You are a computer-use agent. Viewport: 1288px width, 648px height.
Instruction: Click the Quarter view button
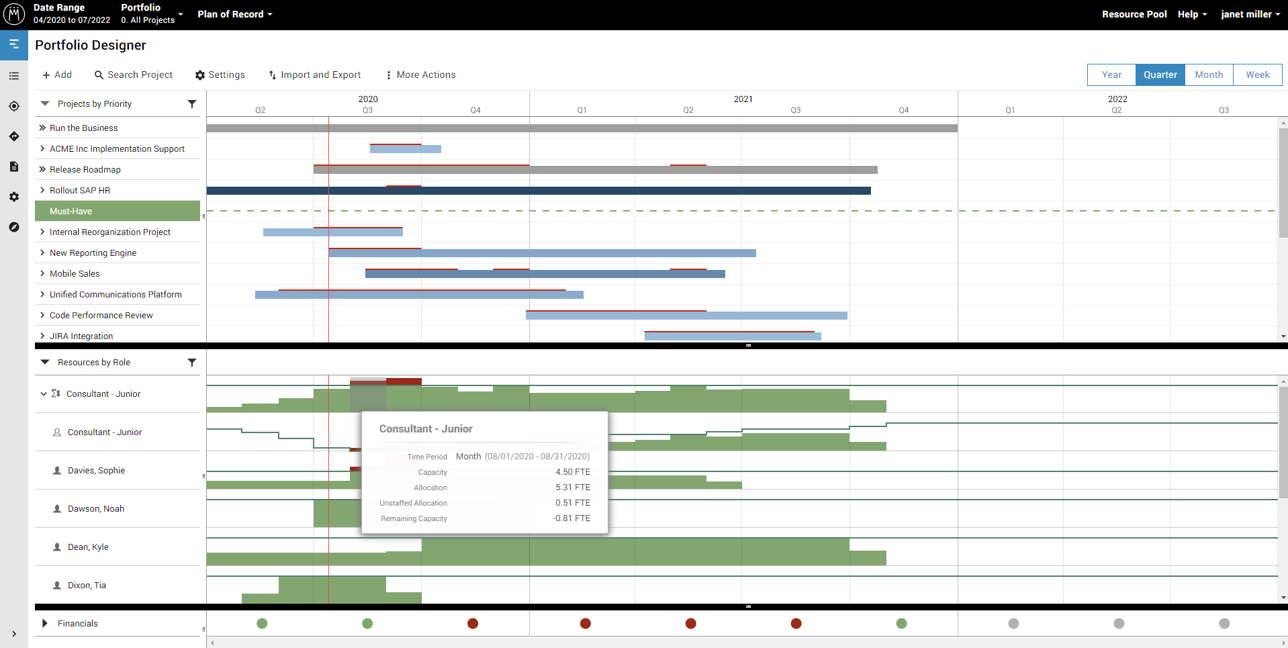[x=1160, y=75]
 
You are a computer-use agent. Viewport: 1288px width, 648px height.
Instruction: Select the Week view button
[x=1257, y=75]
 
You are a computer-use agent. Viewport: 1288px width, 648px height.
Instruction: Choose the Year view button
[x=1111, y=75]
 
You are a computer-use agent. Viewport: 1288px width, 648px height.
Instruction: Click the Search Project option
[x=134, y=75]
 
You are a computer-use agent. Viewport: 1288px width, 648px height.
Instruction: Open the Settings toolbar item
[x=220, y=75]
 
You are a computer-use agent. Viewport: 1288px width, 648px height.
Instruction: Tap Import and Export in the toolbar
[x=314, y=75]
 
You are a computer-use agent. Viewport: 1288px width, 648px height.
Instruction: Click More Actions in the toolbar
[x=420, y=75]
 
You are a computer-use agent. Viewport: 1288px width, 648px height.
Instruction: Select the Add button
[x=57, y=75]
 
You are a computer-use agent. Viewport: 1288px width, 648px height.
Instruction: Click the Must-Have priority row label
[x=71, y=211]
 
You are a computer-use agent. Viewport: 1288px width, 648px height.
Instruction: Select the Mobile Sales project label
[x=75, y=273]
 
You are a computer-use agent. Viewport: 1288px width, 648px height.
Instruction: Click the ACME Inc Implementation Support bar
[x=405, y=149]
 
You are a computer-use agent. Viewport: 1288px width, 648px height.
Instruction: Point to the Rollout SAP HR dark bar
[x=538, y=191]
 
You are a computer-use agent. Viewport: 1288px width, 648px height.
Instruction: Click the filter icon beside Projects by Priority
[x=192, y=104]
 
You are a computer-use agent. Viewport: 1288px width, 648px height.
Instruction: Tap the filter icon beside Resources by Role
[x=192, y=363]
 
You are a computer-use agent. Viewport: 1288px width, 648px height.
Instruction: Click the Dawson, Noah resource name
[x=96, y=508]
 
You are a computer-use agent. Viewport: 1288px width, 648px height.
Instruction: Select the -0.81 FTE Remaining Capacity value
[x=571, y=518]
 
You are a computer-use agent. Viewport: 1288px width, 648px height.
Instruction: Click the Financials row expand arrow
[x=45, y=623]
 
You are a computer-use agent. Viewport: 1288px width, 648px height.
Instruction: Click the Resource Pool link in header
[x=1134, y=14]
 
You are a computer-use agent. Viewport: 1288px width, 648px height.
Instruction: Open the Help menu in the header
[x=1191, y=14]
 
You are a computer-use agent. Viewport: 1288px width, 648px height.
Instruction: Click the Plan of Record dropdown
[x=234, y=14]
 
